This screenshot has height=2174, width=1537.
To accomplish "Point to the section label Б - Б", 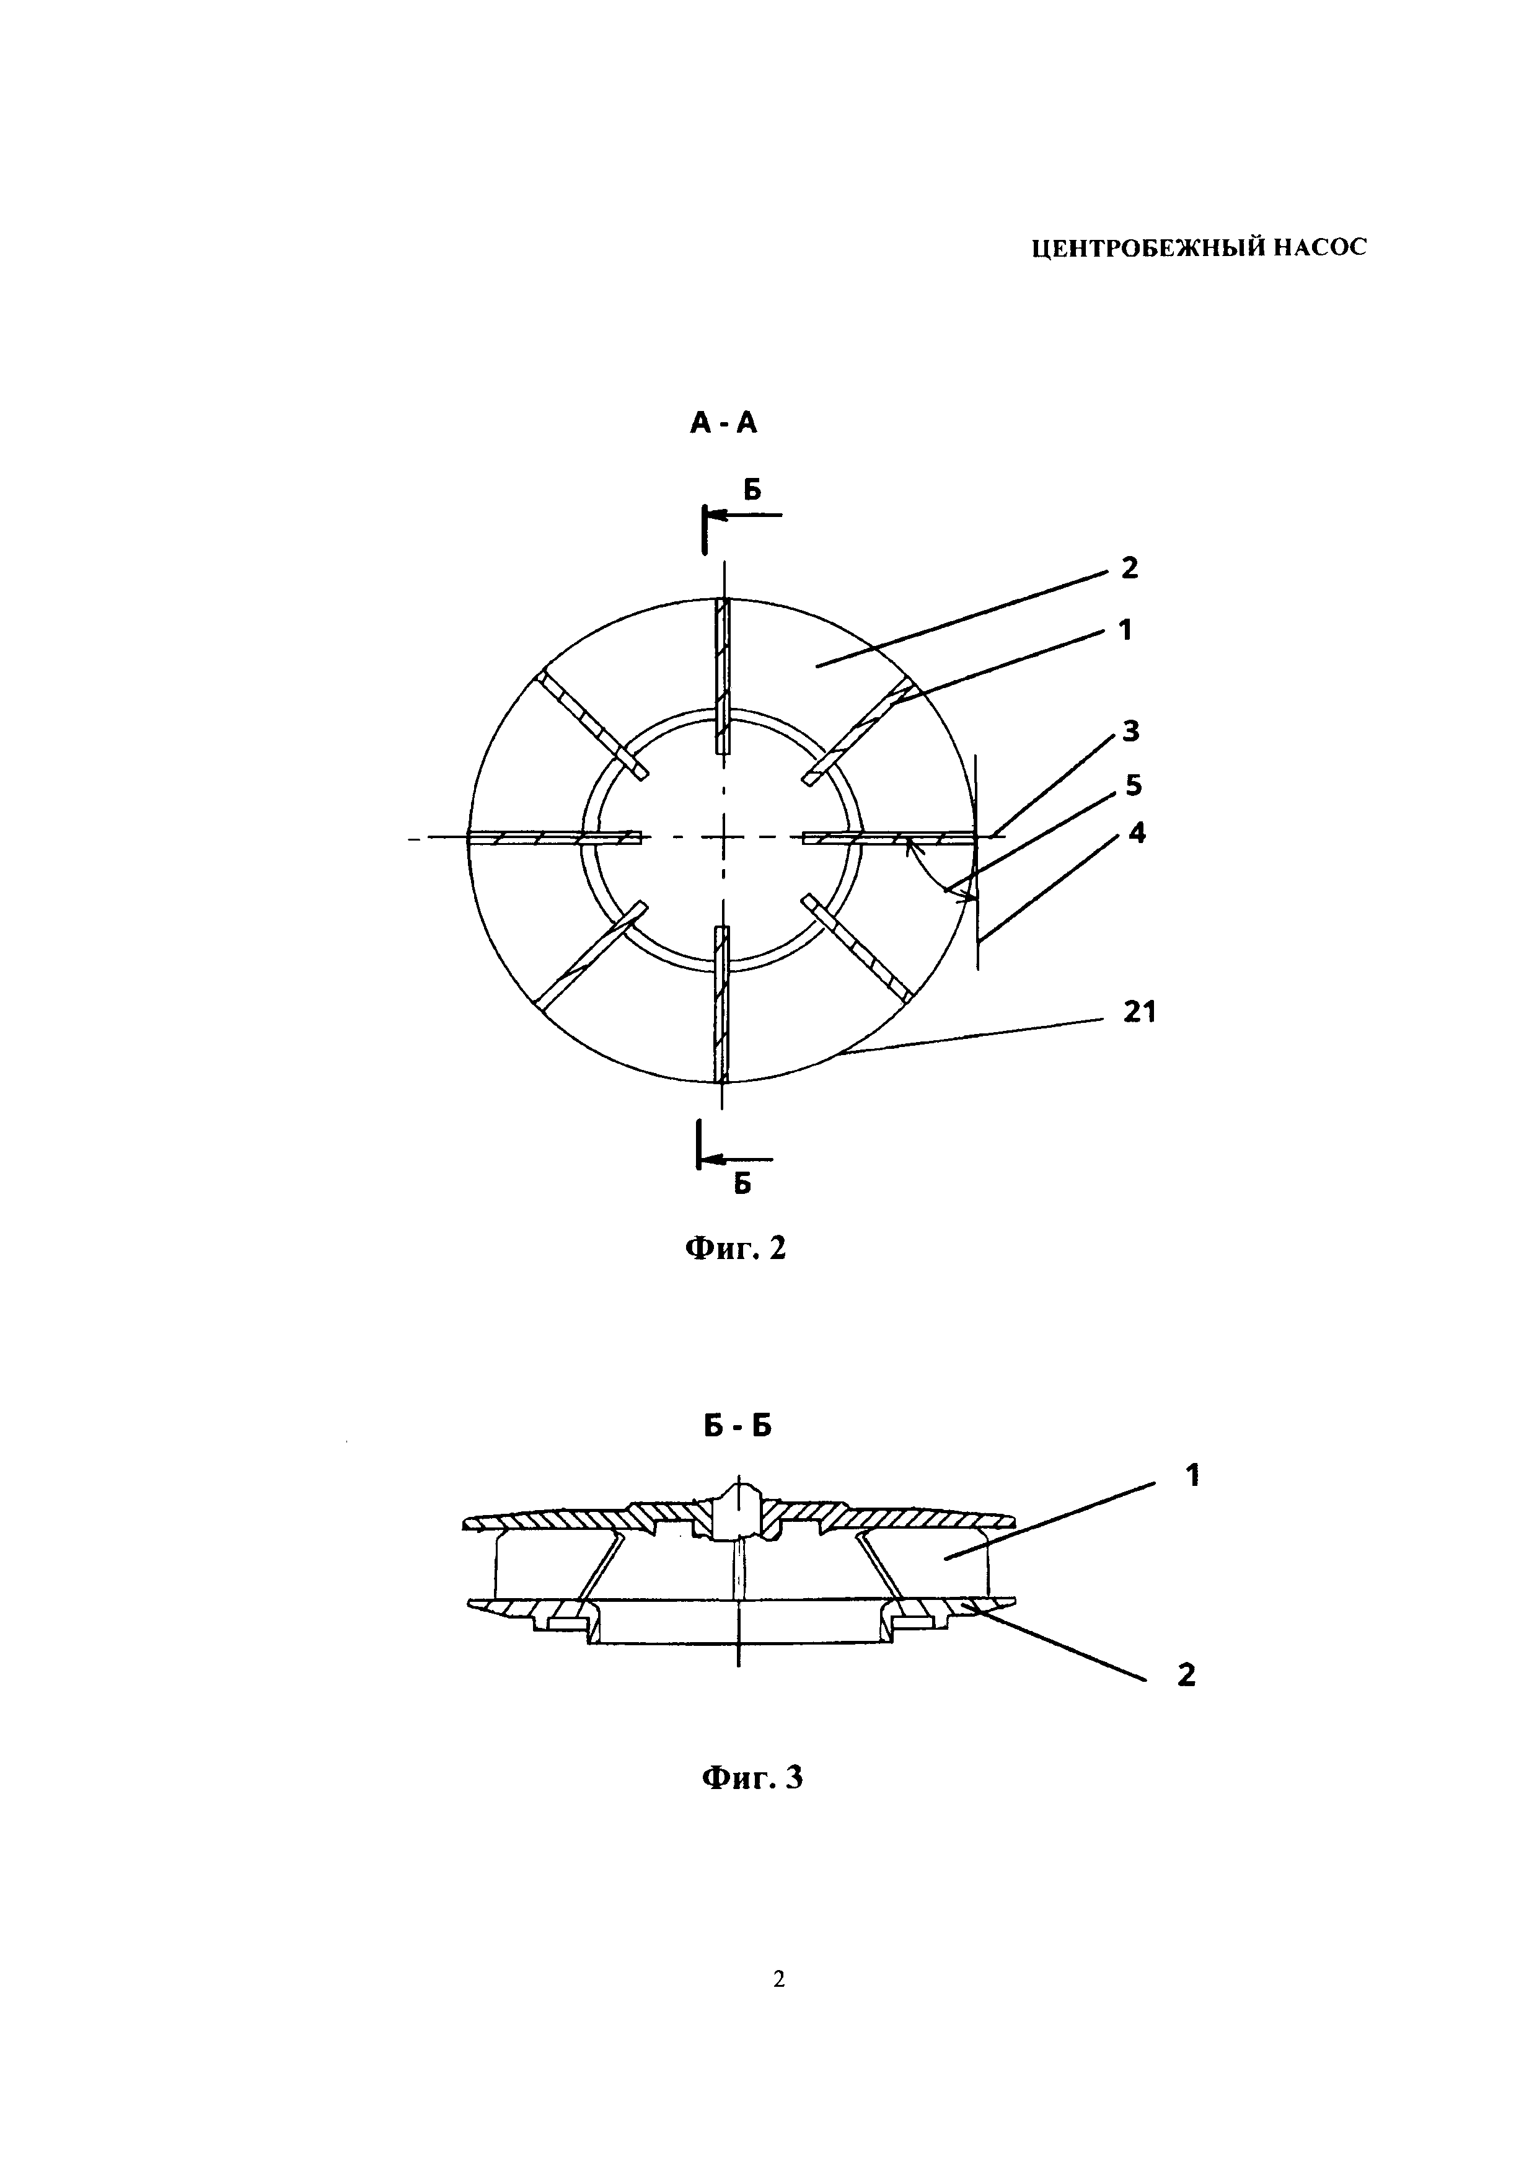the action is (x=738, y=1452).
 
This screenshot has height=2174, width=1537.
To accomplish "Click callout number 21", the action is (x=1140, y=1012).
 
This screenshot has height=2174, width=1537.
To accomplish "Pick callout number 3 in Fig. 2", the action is (x=1130, y=731).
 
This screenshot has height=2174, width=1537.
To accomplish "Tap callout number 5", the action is (x=1133, y=785).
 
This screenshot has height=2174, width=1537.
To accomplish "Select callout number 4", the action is (x=1137, y=833).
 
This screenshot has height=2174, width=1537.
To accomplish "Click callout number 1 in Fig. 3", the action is (x=1192, y=1501).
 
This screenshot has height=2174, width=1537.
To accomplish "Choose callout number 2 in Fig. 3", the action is (x=1186, y=1675).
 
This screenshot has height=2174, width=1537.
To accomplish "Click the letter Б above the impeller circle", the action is (x=752, y=490).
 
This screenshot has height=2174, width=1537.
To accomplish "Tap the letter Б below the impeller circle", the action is (x=743, y=1183).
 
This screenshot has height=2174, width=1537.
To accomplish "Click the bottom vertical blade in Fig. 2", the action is (x=723, y=1004).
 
